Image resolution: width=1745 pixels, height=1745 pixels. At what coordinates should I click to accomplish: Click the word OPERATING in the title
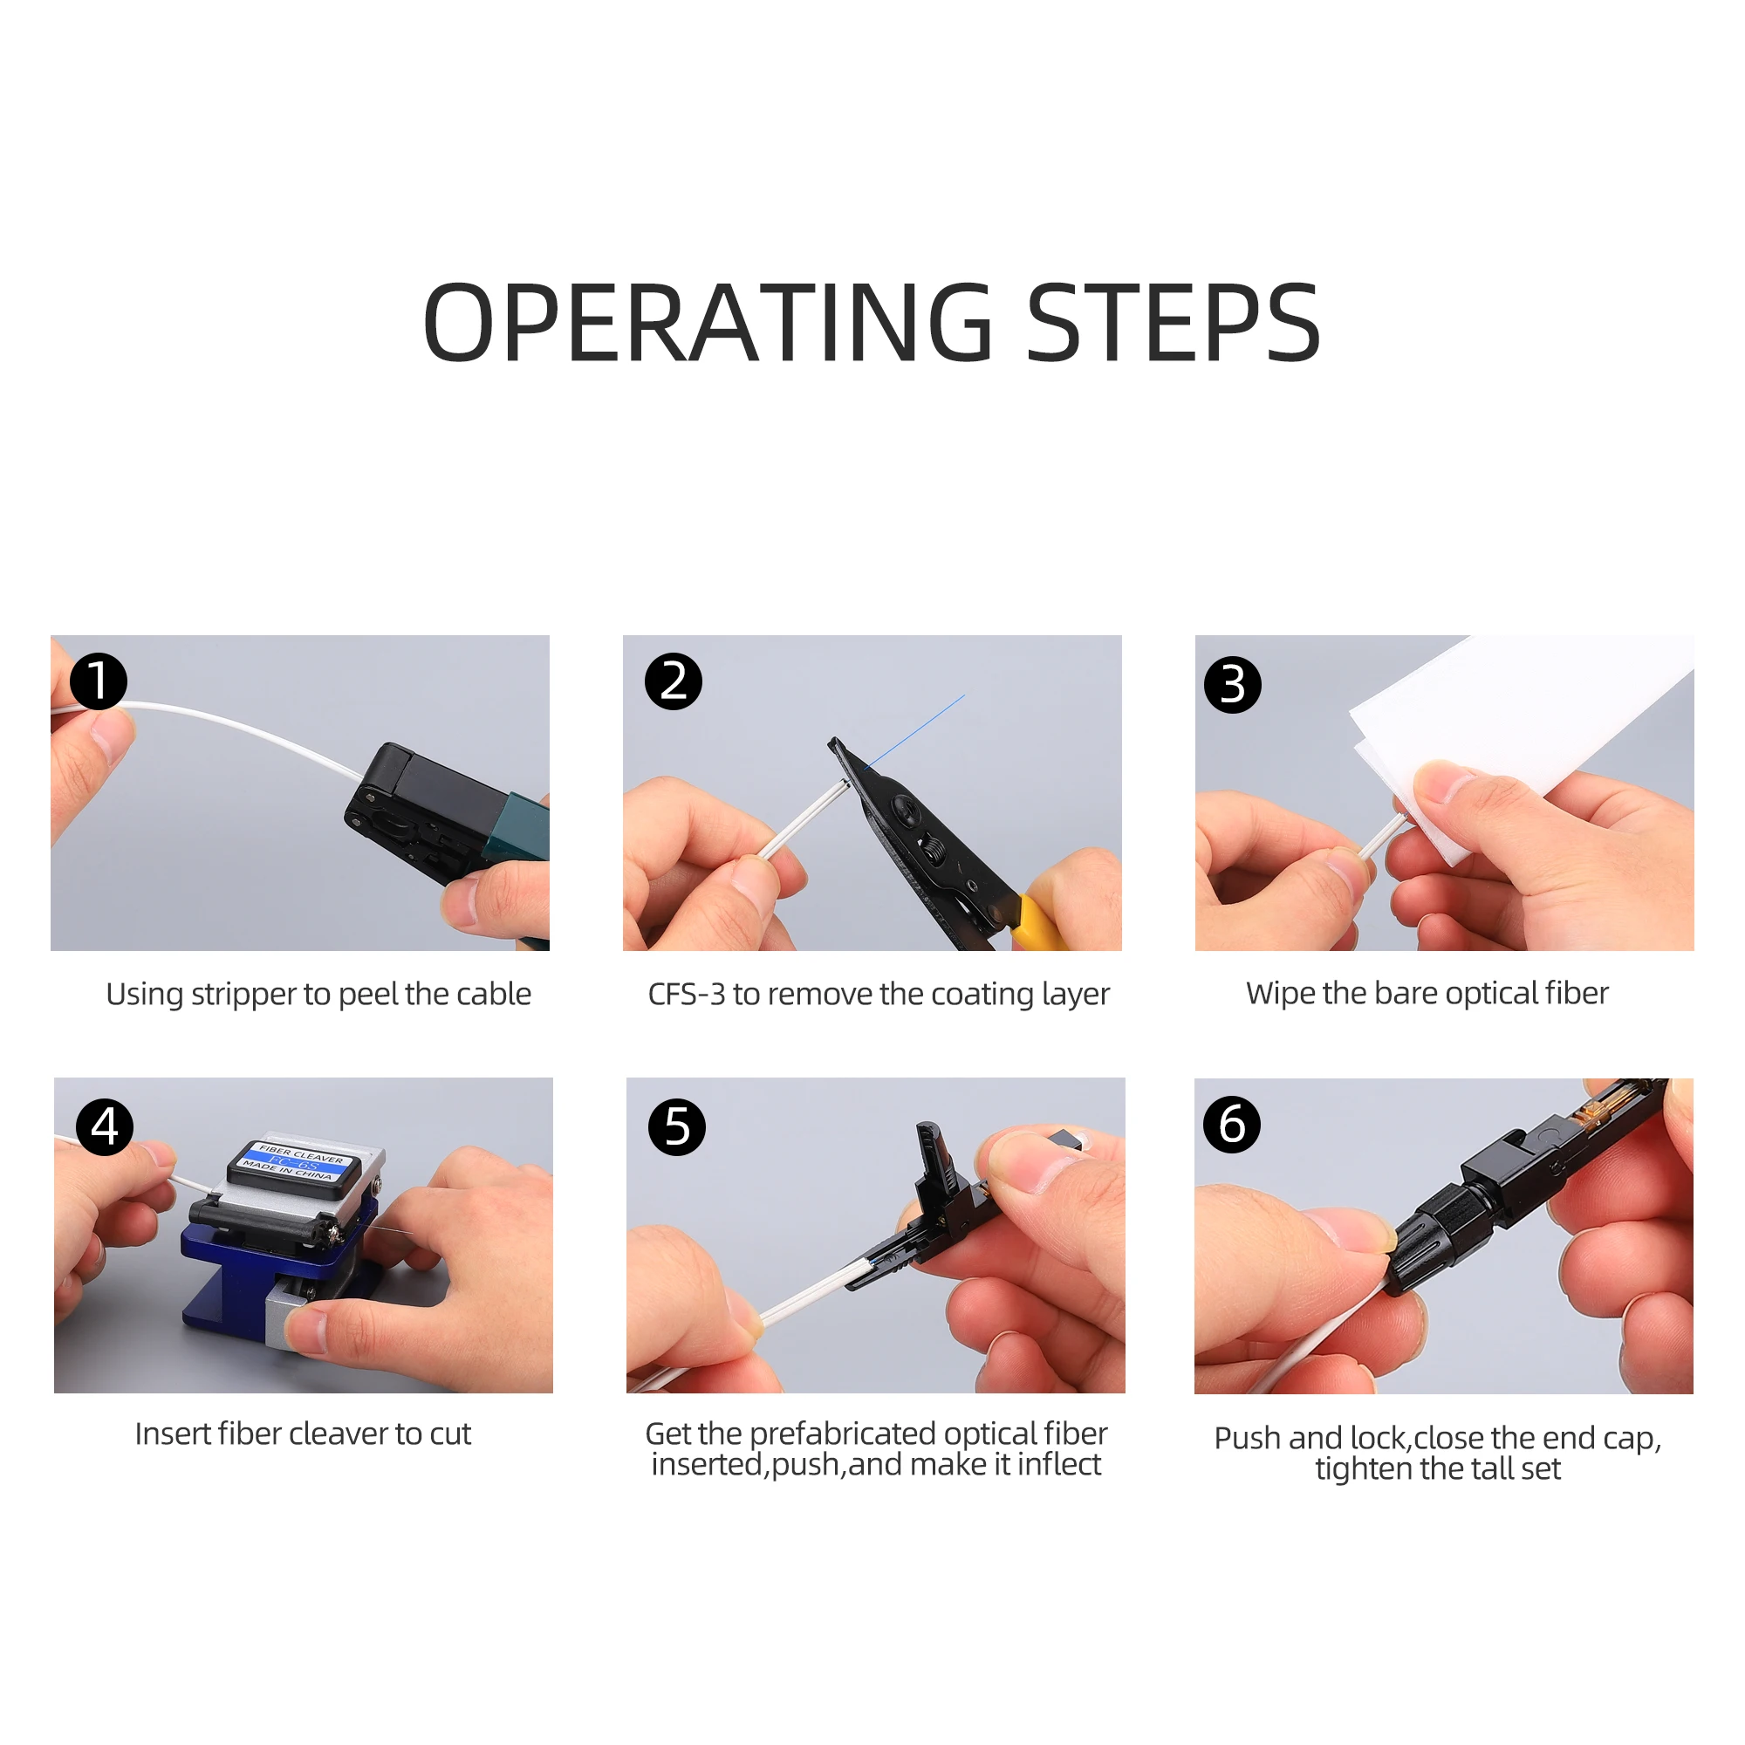[x=709, y=323]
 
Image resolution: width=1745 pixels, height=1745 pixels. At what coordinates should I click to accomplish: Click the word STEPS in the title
[x=1174, y=323]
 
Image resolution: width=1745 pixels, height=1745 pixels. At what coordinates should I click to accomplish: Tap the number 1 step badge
[x=99, y=681]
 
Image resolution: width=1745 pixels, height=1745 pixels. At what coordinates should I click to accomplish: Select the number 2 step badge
[x=673, y=681]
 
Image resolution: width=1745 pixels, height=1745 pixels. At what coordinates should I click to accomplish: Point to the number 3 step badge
[x=1233, y=685]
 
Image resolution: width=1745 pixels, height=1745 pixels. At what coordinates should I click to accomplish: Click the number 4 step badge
[x=105, y=1126]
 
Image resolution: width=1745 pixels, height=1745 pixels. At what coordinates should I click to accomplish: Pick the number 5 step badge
[x=677, y=1126]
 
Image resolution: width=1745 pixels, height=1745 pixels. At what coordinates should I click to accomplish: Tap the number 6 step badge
[x=1232, y=1125]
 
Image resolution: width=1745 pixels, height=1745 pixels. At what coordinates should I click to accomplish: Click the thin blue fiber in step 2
[x=915, y=732]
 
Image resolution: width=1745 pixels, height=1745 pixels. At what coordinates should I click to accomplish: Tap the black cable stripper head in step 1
[x=425, y=804]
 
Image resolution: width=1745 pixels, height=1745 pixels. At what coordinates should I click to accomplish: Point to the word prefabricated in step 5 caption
[x=842, y=1434]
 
